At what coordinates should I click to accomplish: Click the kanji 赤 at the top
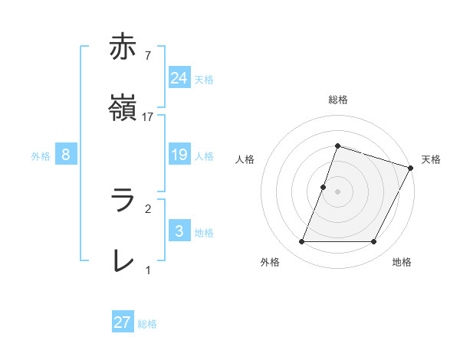pyautogui.click(x=123, y=47)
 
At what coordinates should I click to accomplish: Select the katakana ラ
pyautogui.click(x=123, y=200)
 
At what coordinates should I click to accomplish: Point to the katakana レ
pyautogui.click(x=123, y=261)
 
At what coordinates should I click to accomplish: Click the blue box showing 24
pyautogui.click(x=179, y=77)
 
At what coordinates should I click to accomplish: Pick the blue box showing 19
pyautogui.click(x=179, y=155)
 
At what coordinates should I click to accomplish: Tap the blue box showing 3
pyautogui.click(x=179, y=231)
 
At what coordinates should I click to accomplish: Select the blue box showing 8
pyautogui.click(x=66, y=155)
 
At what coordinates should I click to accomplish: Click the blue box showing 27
pyautogui.click(x=123, y=322)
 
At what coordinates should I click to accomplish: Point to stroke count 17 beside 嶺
pyautogui.click(x=149, y=117)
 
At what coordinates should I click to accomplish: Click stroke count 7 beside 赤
pyautogui.click(x=147, y=55)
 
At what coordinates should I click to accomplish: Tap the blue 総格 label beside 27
pyautogui.click(x=147, y=324)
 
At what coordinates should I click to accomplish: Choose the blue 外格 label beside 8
pyautogui.click(x=41, y=156)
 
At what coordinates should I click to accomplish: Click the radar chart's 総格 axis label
pyautogui.click(x=337, y=100)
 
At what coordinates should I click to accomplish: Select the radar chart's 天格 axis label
pyautogui.click(x=431, y=159)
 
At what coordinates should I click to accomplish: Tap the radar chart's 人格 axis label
pyautogui.click(x=245, y=159)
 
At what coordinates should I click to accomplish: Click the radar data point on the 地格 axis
pyautogui.click(x=374, y=242)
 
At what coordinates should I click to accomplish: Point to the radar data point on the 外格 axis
pyautogui.click(x=301, y=242)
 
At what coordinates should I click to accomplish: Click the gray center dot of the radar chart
pyautogui.click(x=337, y=191)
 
